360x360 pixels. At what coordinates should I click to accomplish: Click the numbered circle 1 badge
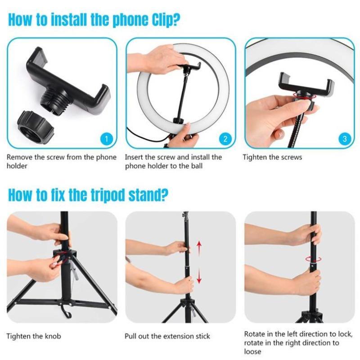pos(107,139)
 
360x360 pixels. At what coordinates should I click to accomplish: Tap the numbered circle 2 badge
pos(225,139)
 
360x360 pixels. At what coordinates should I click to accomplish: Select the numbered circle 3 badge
pos(345,139)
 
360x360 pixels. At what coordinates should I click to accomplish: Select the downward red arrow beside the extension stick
pos(199,275)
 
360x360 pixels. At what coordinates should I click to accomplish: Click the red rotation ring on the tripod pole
pos(313,259)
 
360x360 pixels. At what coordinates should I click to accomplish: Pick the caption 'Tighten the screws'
pos(272,157)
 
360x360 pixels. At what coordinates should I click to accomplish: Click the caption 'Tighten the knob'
pos(34,336)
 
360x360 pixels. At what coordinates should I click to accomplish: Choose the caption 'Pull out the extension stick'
pos(167,336)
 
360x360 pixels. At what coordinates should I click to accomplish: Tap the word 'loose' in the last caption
pos(252,351)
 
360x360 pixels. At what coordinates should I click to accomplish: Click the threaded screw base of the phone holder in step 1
pos(54,101)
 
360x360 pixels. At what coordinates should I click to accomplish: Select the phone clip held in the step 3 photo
pos(306,85)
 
